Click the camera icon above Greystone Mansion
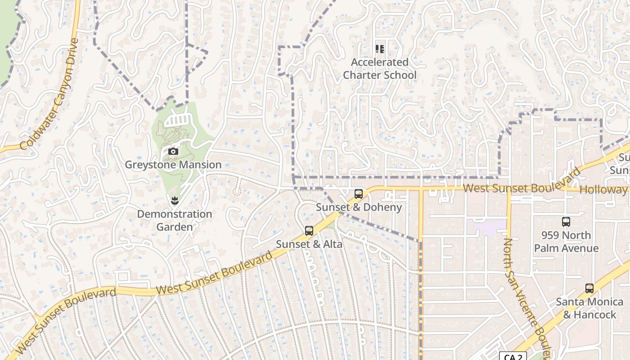(x=173, y=152)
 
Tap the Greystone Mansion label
(x=173, y=165)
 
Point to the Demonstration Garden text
(x=175, y=220)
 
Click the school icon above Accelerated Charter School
(x=380, y=49)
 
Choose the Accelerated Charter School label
(x=380, y=68)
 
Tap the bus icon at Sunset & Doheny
(x=359, y=194)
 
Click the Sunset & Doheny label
(x=359, y=207)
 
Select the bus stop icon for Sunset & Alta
(x=309, y=231)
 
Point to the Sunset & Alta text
(x=309, y=244)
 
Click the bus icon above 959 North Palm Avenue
(x=566, y=222)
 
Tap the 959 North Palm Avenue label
(x=566, y=242)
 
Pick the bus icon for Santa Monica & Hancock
(x=589, y=288)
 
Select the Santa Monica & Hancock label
(x=589, y=308)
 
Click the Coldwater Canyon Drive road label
(x=50, y=94)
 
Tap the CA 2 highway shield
(x=513, y=357)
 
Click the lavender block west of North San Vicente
(x=486, y=227)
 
